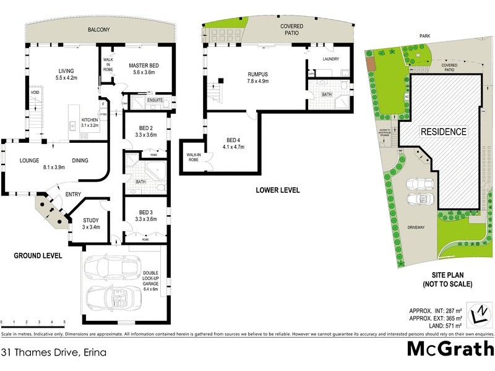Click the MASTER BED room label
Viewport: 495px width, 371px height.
144,65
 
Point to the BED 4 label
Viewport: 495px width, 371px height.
234,139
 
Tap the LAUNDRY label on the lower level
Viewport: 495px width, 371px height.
331,59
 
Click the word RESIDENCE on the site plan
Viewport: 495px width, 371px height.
444,132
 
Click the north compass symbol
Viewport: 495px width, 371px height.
481,314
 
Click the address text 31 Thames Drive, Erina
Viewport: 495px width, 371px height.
54,353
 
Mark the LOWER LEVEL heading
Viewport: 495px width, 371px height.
278,190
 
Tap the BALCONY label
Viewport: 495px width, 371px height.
98,29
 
